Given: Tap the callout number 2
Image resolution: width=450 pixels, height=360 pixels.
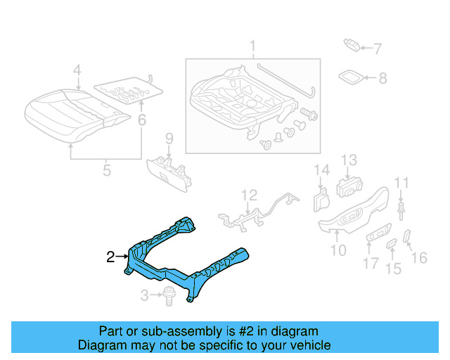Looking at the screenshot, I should coord(110,257).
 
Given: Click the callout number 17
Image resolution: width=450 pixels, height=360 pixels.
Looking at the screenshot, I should coord(371,265).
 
